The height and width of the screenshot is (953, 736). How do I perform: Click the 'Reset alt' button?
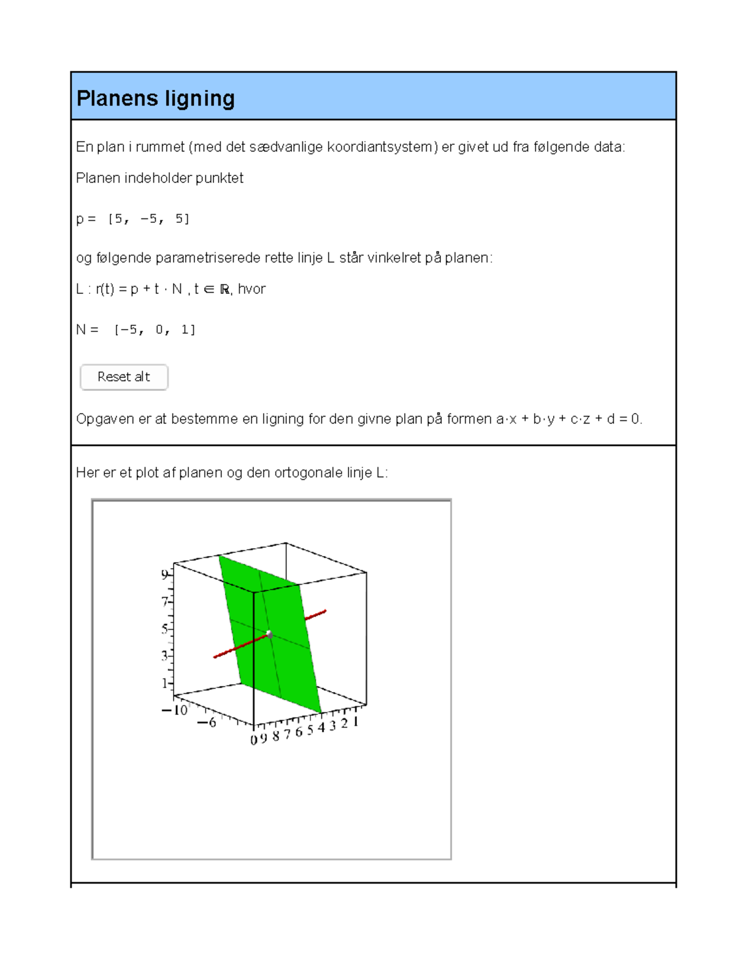click(124, 377)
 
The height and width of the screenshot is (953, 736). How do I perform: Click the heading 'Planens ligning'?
click(155, 98)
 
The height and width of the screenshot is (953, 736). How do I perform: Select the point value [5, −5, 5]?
click(148, 219)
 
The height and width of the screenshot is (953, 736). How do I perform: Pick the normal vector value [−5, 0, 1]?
click(155, 330)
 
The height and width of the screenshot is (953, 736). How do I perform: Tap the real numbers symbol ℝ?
click(225, 290)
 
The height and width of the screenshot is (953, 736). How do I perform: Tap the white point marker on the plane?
click(269, 634)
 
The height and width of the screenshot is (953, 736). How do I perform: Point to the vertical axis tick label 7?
click(164, 602)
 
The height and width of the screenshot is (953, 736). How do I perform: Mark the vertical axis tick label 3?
click(164, 656)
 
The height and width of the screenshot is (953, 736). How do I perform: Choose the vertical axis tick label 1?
click(164, 683)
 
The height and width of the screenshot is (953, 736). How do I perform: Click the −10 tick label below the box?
click(175, 711)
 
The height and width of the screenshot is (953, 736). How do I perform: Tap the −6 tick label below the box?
click(207, 723)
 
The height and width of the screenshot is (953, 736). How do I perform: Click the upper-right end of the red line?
click(324, 611)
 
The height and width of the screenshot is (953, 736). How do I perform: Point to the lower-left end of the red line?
click(215, 657)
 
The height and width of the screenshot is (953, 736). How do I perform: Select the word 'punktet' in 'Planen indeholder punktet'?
click(219, 178)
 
